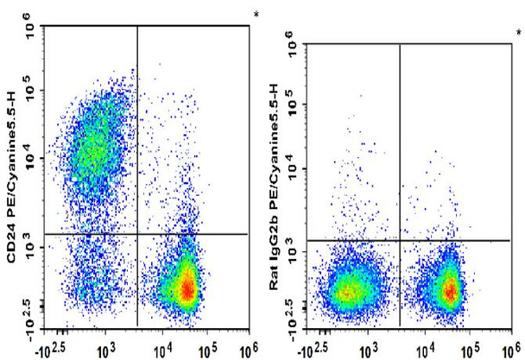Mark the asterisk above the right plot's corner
518,33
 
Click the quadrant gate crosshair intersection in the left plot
137,233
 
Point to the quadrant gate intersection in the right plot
400,239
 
